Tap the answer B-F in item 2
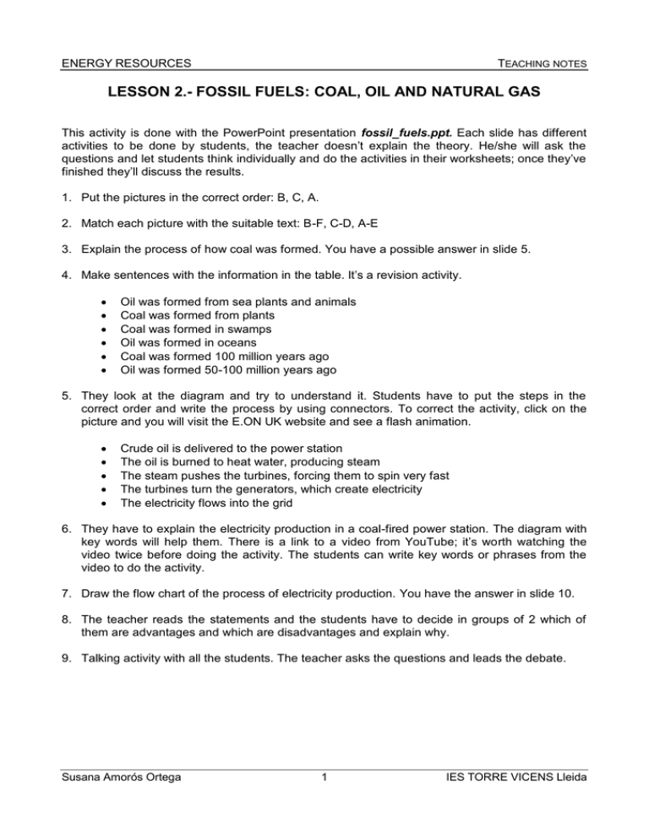pyautogui.click(x=344, y=229)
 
